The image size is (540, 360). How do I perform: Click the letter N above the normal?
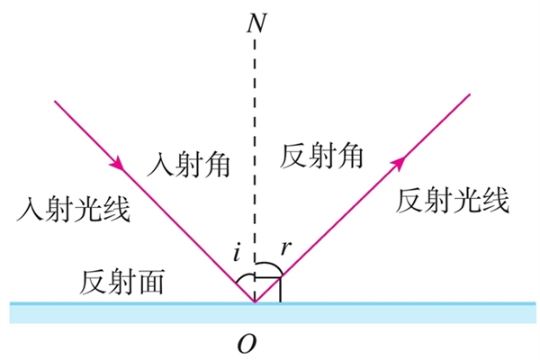[256, 23]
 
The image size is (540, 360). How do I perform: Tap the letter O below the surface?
[247, 344]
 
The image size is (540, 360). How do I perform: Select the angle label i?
[236, 253]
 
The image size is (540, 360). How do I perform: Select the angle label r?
[286, 247]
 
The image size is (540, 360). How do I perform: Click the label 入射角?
[188, 164]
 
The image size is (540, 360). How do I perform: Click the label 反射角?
[321, 156]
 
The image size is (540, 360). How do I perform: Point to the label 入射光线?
[74, 209]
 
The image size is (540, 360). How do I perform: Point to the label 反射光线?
[453, 201]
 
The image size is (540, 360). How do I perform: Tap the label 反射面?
[121, 282]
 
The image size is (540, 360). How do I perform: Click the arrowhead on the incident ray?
[117, 163]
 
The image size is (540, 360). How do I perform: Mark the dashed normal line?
[255, 170]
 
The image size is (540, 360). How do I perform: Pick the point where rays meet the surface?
[255, 302]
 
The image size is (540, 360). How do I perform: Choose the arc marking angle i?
[244, 276]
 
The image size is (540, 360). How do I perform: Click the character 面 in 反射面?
[150, 282]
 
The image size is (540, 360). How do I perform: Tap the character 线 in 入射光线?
[117, 209]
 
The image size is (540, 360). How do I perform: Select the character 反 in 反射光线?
[409, 201]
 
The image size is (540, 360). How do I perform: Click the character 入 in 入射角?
[160, 165]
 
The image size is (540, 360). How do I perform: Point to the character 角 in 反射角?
[349, 156]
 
